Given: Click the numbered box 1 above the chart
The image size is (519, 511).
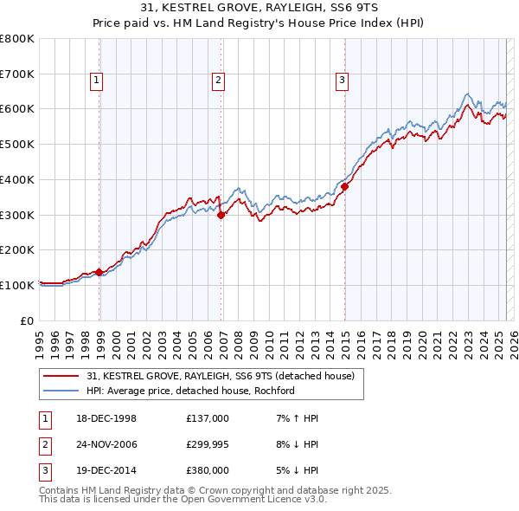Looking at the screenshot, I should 96,81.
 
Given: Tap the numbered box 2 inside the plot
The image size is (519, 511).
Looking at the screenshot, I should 219,81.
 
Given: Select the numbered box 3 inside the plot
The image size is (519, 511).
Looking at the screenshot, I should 342,81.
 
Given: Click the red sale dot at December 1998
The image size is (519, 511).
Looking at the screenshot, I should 99,272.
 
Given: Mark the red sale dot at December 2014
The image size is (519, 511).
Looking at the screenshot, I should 345,186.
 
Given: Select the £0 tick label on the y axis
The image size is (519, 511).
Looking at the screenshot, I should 26,320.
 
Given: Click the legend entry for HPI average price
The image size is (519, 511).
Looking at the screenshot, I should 190,391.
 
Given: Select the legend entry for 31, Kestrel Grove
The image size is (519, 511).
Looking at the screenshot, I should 221,376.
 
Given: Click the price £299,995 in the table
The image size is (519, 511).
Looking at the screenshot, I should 208,444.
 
